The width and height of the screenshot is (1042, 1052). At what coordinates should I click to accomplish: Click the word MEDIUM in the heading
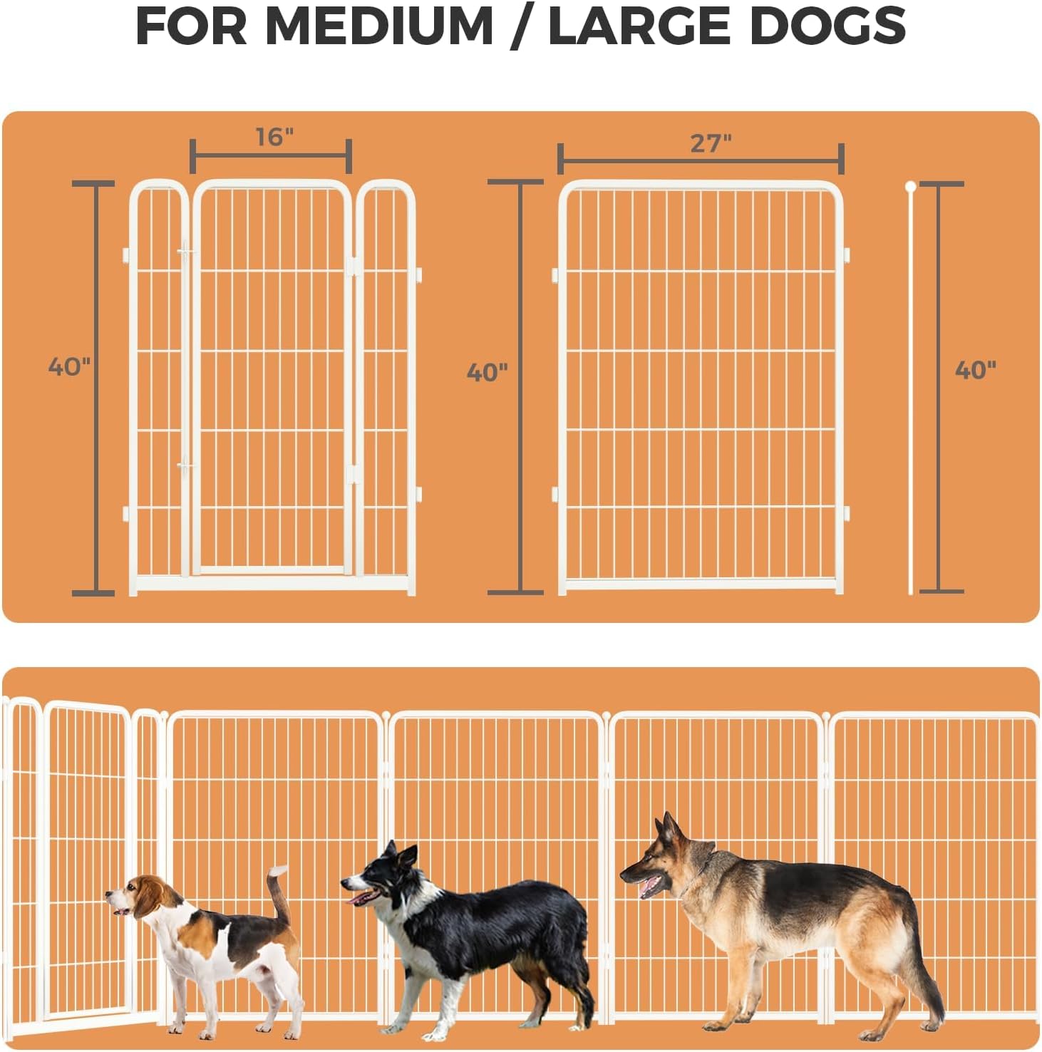point(379,26)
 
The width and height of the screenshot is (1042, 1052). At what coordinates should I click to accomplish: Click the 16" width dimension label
point(274,136)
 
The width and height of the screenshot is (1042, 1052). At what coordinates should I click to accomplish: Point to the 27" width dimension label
point(711,143)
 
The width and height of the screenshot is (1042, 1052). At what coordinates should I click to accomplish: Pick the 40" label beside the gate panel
point(69,366)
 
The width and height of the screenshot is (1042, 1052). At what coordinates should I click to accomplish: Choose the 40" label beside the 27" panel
point(488,372)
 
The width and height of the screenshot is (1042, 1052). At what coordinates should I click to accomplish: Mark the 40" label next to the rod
point(975,369)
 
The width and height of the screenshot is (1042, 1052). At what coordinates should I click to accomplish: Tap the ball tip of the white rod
point(910,187)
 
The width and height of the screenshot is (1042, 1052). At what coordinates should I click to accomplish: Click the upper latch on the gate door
point(186,252)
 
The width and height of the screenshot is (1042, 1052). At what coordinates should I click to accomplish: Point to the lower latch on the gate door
point(186,467)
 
